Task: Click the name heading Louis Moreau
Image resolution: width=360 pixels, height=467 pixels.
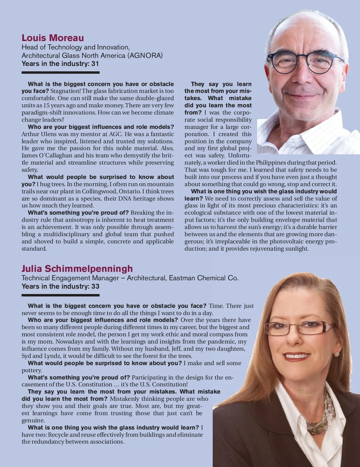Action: [x=53, y=38]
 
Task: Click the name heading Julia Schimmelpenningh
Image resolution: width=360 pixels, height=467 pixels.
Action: [x=77, y=269]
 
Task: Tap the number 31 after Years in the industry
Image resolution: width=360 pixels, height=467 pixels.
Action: [x=95, y=64]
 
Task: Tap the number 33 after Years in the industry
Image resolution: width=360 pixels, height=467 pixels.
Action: [x=95, y=286]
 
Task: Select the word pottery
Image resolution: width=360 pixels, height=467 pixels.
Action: [x=31, y=370]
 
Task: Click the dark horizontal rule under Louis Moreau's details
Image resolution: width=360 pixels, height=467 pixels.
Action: [x=60, y=73]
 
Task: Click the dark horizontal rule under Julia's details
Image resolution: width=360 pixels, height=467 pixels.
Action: [x=60, y=295]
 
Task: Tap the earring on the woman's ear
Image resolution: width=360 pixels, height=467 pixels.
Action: [x=337, y=354]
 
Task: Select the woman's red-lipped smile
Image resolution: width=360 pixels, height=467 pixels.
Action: [x=297, y=356]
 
